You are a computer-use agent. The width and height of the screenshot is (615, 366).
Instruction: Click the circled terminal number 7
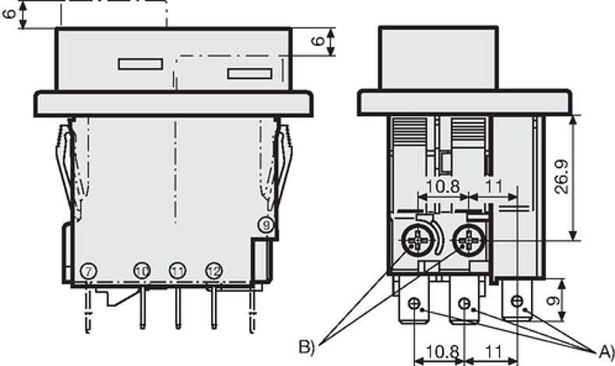[x=89, y=271]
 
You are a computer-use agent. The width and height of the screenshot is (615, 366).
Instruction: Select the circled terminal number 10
[x=142, y=270]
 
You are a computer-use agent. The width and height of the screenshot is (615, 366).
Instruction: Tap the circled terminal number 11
[x=177, y=270]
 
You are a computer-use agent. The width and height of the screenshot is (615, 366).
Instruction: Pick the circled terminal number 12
[x=214, y=270]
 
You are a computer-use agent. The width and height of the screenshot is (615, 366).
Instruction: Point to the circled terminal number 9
[x=266, y=225]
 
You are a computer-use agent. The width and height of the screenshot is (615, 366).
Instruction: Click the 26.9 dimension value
[x=561, y=177]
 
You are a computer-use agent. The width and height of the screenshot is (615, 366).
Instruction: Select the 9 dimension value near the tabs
[x=553, y=301]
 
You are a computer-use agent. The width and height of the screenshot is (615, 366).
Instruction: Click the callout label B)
[x=307, y=347]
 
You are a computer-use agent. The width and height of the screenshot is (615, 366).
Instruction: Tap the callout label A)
[x=606, y=351]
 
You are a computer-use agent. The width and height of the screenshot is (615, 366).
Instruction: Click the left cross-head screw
[x=417, y=239]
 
